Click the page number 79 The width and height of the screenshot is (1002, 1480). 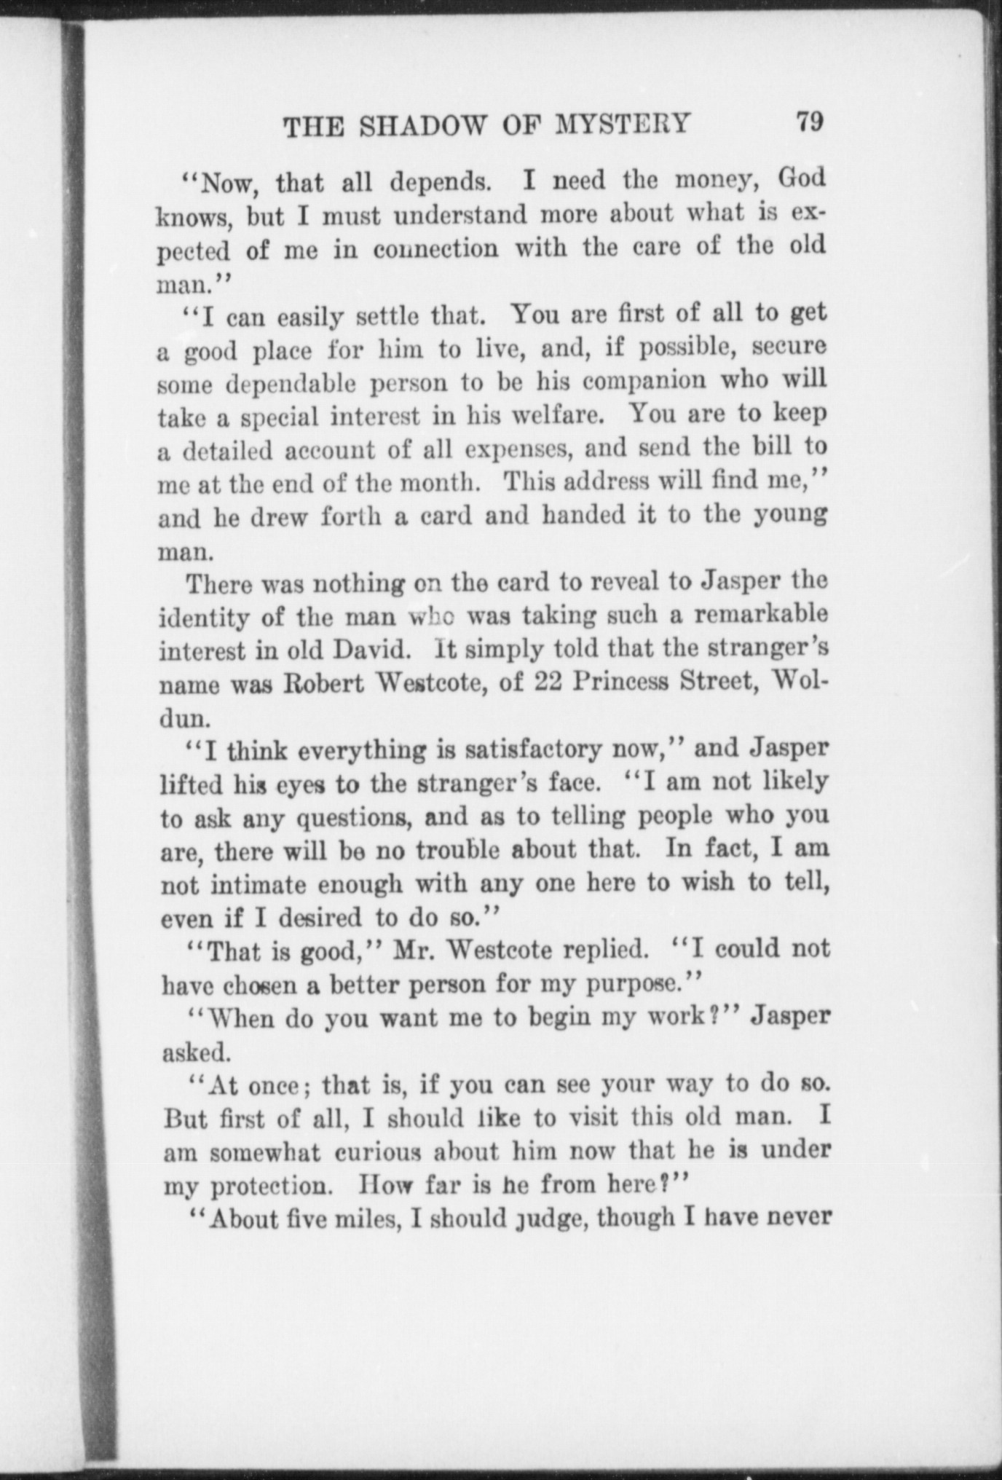click(x=809, y=121)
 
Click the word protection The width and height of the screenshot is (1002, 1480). click(x=273, y=1187)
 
